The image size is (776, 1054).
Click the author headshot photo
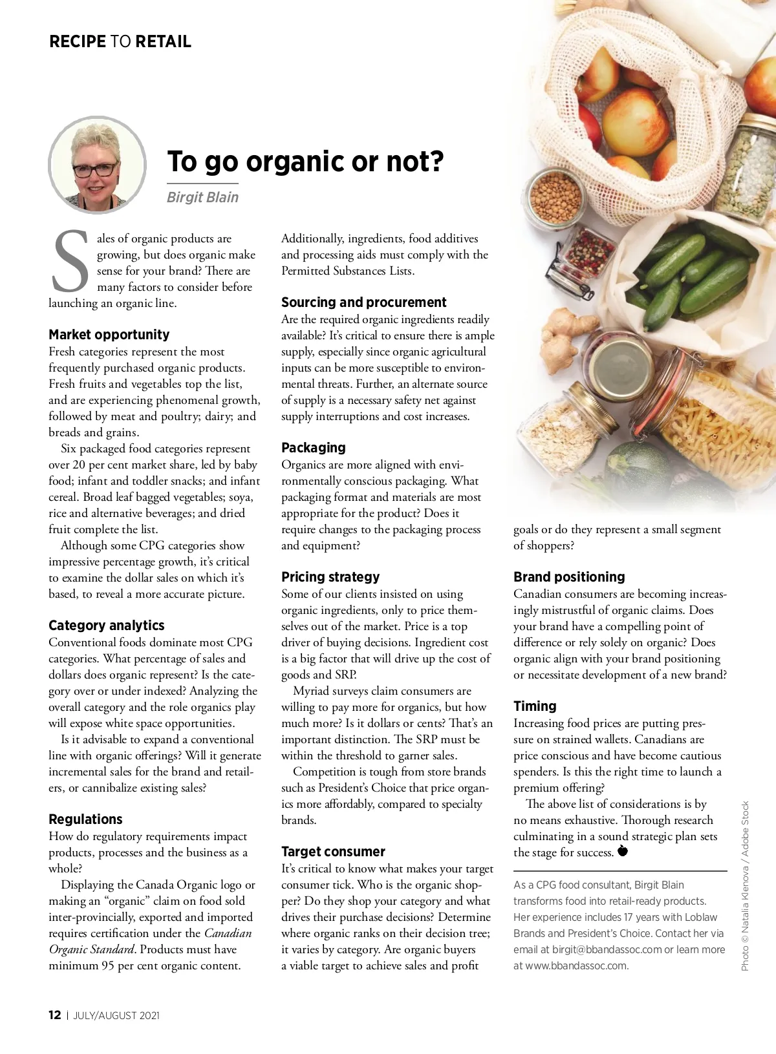(97, 164)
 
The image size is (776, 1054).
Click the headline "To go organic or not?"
(305, 162)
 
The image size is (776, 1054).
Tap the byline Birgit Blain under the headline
(202, 198)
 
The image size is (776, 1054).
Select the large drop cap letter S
(70, 261)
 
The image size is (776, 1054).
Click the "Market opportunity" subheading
(109, 335)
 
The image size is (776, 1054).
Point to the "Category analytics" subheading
(106, 626)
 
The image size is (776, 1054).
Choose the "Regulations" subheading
(85, 819)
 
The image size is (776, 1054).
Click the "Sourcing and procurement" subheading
(363, 302)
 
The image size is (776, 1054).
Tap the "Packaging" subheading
(313, 448)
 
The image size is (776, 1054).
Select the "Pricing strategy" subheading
(330, 577)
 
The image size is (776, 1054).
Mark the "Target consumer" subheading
(333, 852)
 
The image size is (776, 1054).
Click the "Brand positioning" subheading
(569, 577)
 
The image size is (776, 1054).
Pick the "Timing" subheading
(535, 706)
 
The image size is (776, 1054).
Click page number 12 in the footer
(55, 1015)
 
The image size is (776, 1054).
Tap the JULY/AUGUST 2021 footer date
(116, 1015)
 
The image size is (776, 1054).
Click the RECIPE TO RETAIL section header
(120, 42)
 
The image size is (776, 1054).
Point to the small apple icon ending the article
(623, 851)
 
